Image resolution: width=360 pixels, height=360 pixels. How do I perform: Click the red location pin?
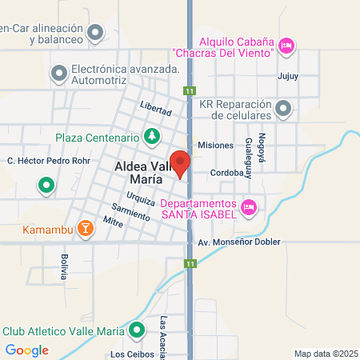click(x=181, y=162)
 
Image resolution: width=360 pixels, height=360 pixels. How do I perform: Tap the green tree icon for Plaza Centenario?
click(x=151, y=137)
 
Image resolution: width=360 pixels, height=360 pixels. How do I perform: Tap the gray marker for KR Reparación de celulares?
click(x=282, y=108)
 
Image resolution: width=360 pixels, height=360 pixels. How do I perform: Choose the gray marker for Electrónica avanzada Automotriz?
click(x=58, y=74)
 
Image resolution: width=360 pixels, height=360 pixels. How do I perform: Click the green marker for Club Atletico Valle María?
click(x=138, y=330)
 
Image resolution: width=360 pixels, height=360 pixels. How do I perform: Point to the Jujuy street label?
click(x=287, y=78)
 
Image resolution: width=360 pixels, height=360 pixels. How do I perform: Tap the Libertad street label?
click(x=155, y=107)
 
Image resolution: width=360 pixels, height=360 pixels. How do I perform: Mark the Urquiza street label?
click(x=139, y=198)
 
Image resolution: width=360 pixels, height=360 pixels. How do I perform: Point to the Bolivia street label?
click(x=65, y=265)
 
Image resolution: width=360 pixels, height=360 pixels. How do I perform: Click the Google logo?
click(x=26, y=350)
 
